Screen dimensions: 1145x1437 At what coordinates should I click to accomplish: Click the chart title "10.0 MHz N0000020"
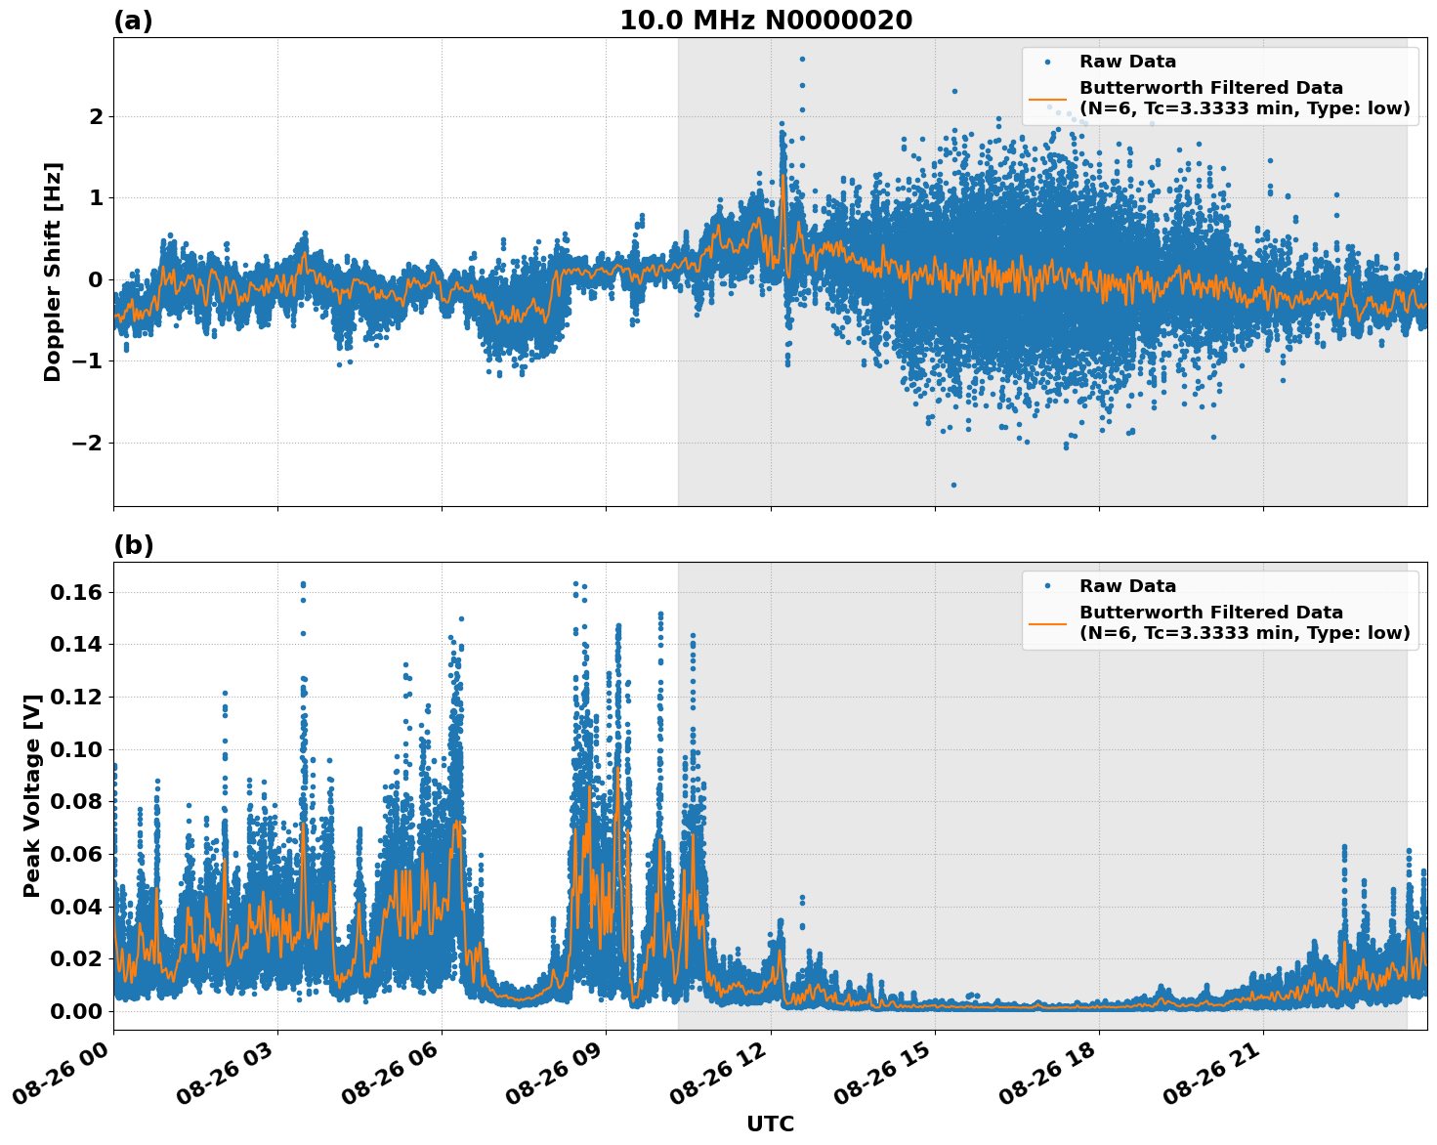pos(765,21)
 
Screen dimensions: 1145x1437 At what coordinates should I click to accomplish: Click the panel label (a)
pos(133,21)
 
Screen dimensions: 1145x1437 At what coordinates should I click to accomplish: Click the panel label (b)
pos(133,545)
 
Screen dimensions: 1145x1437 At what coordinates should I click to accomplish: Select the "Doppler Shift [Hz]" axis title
pos(53,272)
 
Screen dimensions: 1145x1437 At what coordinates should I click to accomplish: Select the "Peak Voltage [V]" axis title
pos(32,796)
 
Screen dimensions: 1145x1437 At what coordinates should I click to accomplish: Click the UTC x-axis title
pos(770,1124)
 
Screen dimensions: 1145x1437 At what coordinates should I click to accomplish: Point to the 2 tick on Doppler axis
pos(97,117)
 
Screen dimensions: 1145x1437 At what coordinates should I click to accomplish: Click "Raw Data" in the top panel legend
pos(1127,63)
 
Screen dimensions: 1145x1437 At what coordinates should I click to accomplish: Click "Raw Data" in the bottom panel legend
pos(1127,586)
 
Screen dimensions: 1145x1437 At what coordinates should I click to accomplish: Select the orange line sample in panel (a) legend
pos(1047,99)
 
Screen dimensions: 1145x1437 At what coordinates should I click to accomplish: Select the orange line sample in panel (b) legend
pos(1047,622)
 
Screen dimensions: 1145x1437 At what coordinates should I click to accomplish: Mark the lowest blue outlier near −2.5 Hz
pos(953,485)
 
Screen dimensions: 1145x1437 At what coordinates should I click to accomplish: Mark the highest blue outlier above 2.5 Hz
pos(802,60)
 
